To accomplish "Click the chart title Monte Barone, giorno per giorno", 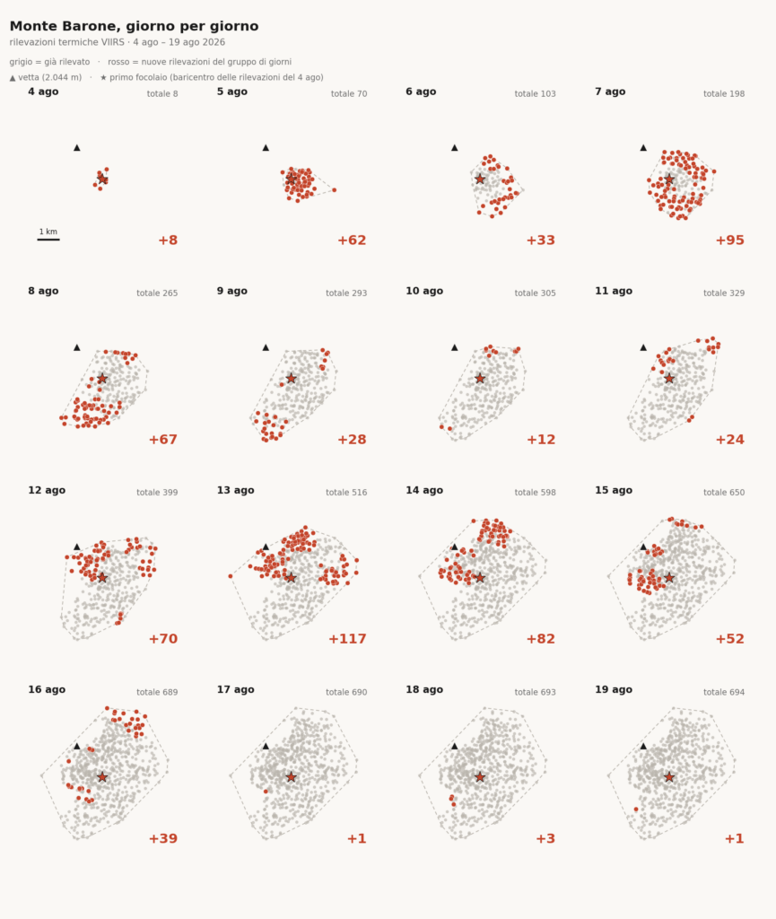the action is (134, 26).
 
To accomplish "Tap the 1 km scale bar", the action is (48, 239).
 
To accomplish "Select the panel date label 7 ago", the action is (610, 92).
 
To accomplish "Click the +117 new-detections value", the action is (347, 639).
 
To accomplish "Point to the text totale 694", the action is (724, 692).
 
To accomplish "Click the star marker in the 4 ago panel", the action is (102, 179).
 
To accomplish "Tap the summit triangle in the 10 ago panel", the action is (455, 347).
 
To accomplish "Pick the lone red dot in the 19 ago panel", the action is (636, 810).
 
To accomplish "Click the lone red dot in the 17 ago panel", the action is (266, 792).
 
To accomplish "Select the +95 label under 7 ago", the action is (729, 241).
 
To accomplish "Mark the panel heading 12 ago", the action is (47, 491).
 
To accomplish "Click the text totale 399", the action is (157, 493).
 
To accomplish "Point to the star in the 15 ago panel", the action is (669, 578).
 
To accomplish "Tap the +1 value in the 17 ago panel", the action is (357, 839).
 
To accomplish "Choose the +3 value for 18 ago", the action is (545, 839).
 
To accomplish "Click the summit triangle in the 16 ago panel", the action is (77, 746).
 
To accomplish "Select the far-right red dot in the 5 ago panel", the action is (335, 190).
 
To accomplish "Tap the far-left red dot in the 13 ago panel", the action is (231, 577).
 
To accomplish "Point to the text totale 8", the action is (162, 93).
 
